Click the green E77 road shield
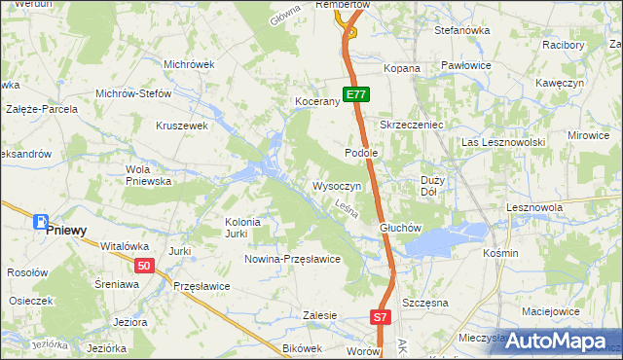tap(356, 94)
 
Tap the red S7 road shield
tap(382, 317)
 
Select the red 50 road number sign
tap(144, 266)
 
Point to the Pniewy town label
tap(66, 231)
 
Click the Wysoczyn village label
tap(337, 185)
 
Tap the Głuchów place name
tap(399, 229)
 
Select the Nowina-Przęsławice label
tap(292, 259)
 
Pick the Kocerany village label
tap(316, 101)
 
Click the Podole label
tap(361, 153)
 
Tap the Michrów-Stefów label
tap(133, 93)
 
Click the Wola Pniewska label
tap(149, 174)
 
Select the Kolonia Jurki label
tap(243, 227)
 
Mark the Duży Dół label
tap(433, 186)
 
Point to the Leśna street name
tap(348, 208)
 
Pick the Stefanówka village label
tap(461, 31)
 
